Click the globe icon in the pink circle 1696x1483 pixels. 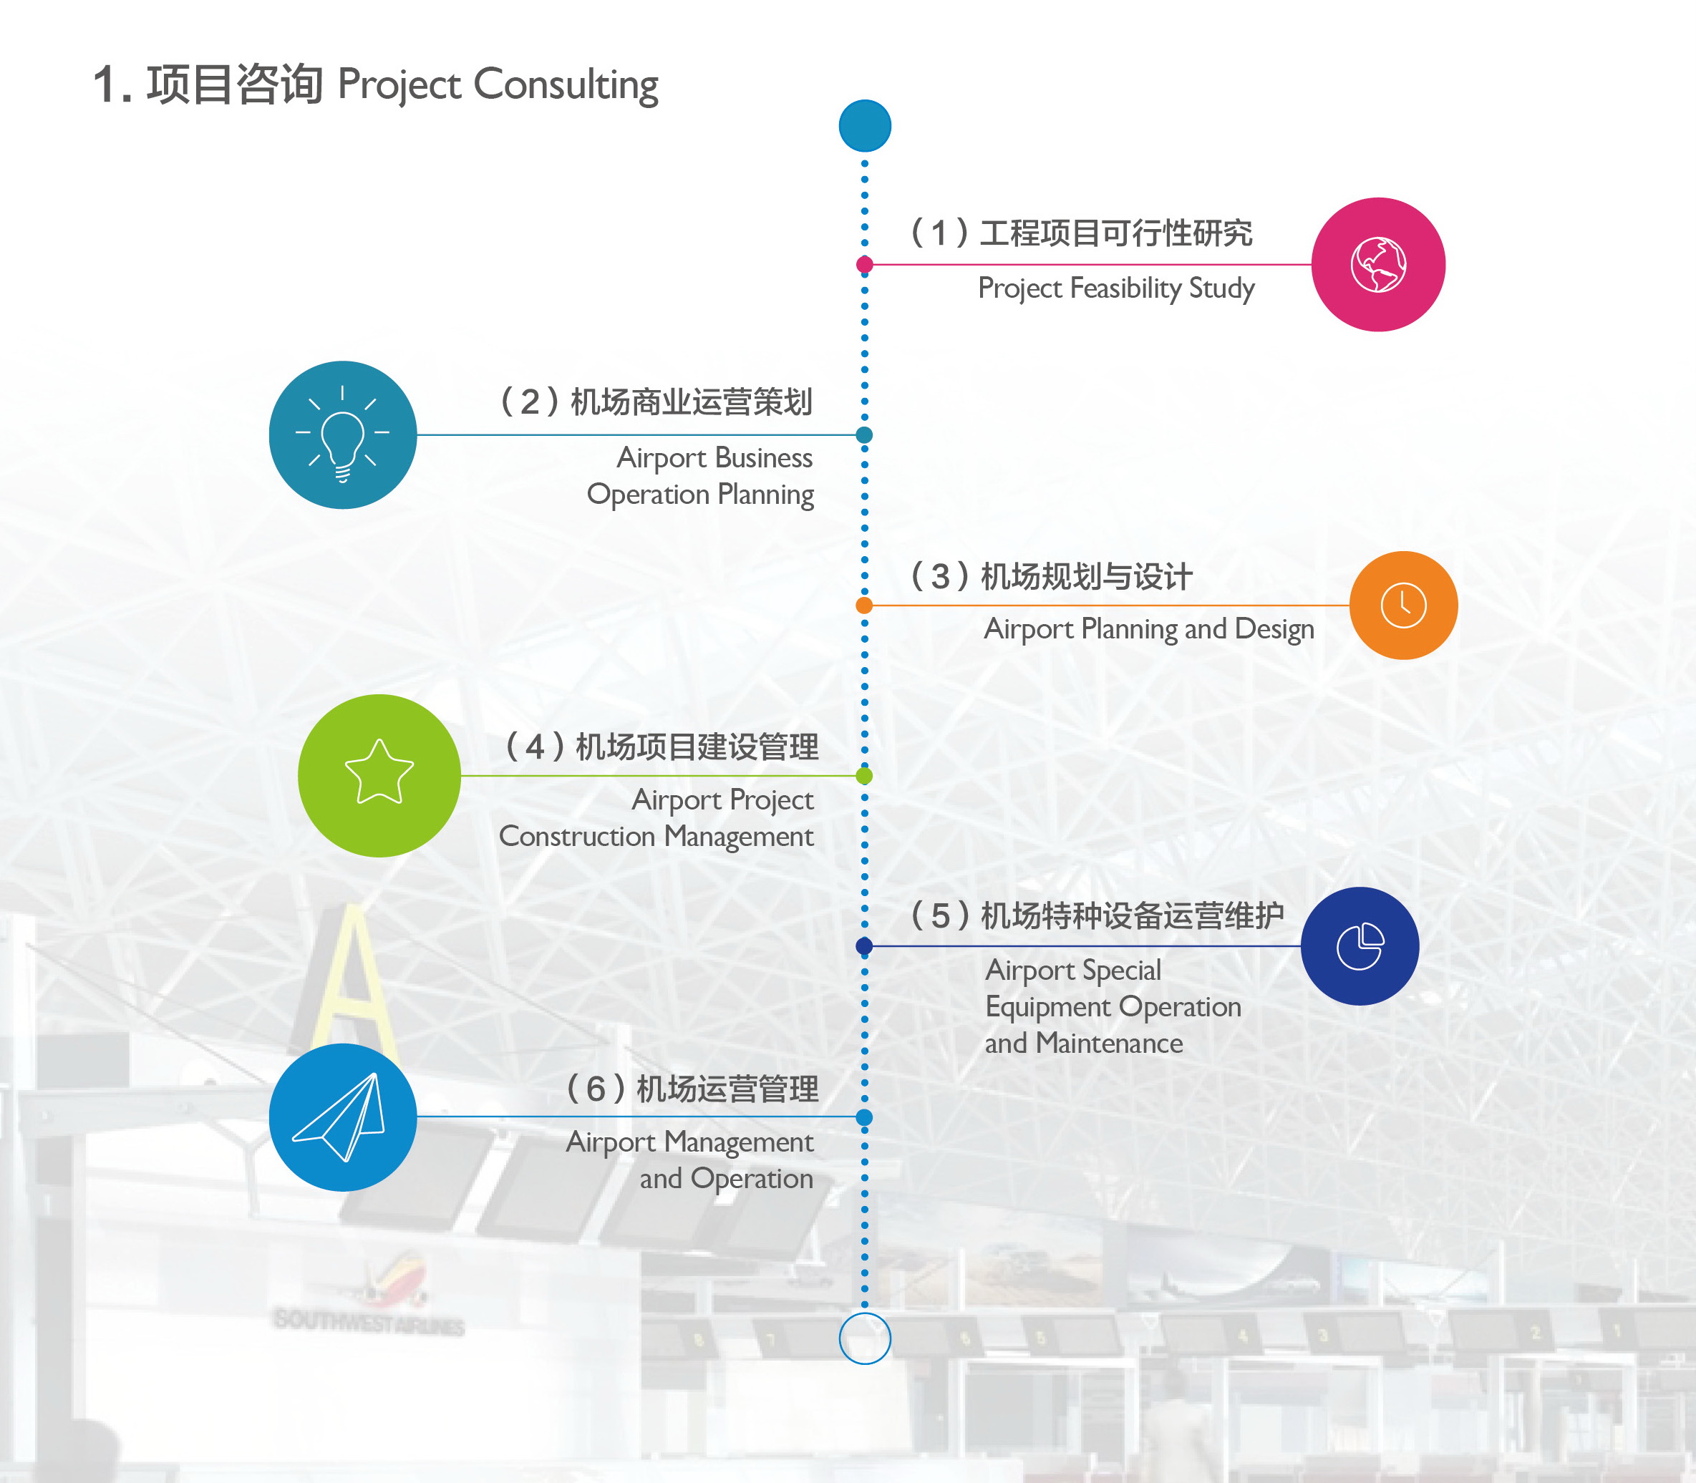[1378, 265]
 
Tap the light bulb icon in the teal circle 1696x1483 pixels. [343, 435]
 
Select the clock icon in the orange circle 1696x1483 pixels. [1403, 605]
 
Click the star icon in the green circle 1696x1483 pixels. [379, 773]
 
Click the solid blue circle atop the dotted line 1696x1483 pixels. [864, 126]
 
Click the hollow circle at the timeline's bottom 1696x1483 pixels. [864, 1338]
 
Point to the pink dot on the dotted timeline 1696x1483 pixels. [864, 265]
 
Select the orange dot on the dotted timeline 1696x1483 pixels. [864, 605]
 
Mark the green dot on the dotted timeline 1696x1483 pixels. [864, 775]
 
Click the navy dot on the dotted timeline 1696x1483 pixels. [864, 946]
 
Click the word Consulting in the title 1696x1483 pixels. [566, 85]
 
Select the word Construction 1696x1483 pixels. [577, 836]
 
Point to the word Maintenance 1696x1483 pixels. [1109, 1044]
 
